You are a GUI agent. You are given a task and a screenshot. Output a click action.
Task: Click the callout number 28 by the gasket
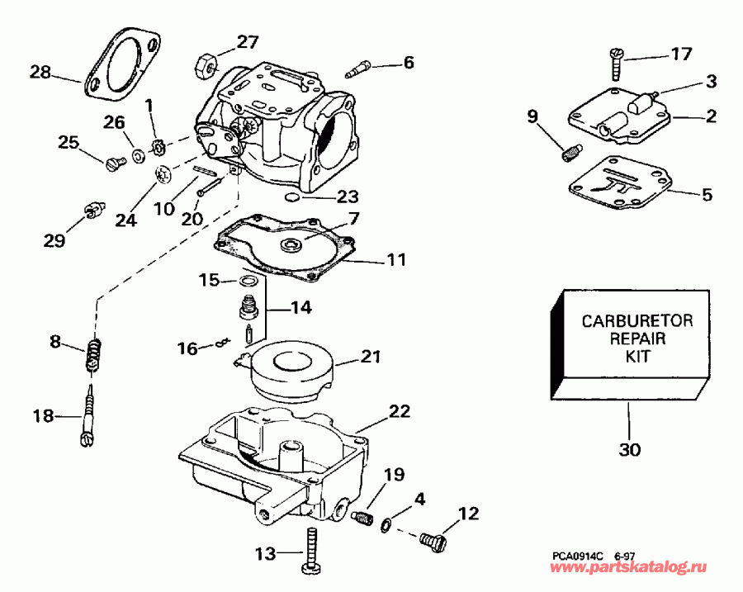click(x=40, y=72)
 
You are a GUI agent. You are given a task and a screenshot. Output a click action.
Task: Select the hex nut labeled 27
click(x=206, y=63)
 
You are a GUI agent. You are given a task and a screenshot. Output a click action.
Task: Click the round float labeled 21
click(x=294, y=368)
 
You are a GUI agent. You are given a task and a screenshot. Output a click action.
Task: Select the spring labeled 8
click(x=94, y=356)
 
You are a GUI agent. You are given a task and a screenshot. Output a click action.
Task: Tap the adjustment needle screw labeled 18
click(x=89, y=413)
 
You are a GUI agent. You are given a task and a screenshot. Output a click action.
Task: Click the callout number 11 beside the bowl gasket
click(x=397, y=259)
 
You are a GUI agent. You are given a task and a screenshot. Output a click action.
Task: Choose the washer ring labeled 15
click(x=247, y=283)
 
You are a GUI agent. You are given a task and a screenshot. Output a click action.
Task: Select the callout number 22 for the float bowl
click(x=400, y=410)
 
